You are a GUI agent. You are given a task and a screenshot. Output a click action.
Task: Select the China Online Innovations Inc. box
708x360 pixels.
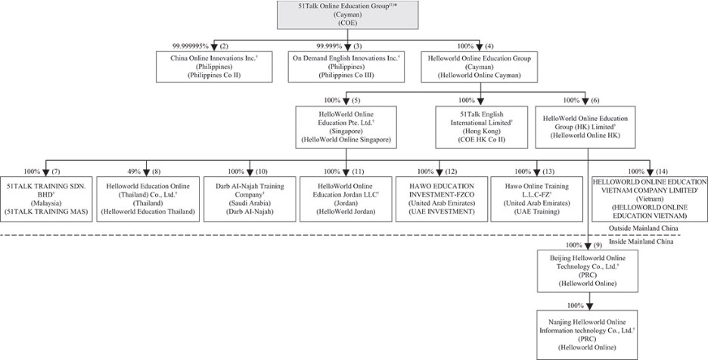click(x=214, y=67)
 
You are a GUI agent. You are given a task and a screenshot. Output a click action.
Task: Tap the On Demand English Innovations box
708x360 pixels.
click(x=346, y=67)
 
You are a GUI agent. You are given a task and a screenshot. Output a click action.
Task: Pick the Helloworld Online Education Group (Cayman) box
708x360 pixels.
click(x=479, y=67)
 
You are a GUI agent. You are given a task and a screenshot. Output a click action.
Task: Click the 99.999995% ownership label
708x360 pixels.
click(x=190, y=46)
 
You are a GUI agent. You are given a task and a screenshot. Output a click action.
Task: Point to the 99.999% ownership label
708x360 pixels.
click(x=329, y=46)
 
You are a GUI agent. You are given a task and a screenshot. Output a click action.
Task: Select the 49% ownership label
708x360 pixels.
click(x=134, y=172)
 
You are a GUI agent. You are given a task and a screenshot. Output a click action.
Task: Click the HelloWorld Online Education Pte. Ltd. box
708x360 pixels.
click(x=346, y=127)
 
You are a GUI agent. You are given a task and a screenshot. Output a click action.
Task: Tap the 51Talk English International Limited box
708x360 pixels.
click(x=481, y=127)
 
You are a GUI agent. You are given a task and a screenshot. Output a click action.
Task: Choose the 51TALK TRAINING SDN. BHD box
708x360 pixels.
click(x=46, y=199)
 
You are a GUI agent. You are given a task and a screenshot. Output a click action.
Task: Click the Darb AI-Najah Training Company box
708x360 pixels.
click(x=250, y=199)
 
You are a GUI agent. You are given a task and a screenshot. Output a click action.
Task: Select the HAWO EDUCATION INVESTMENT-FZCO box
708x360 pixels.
click(x=442, y=199)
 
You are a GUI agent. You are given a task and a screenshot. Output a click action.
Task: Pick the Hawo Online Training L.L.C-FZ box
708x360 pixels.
click(x=537, y=199)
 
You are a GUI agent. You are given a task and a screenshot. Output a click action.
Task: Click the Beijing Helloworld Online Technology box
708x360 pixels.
click(x=588, y=270)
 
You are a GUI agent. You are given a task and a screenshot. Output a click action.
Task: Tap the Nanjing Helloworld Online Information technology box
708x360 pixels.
click(x=588, y=335)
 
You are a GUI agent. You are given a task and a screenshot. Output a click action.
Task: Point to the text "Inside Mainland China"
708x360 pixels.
click(x=641, y=242)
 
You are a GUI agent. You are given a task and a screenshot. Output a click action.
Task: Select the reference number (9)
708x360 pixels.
click(x=598, y=245)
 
